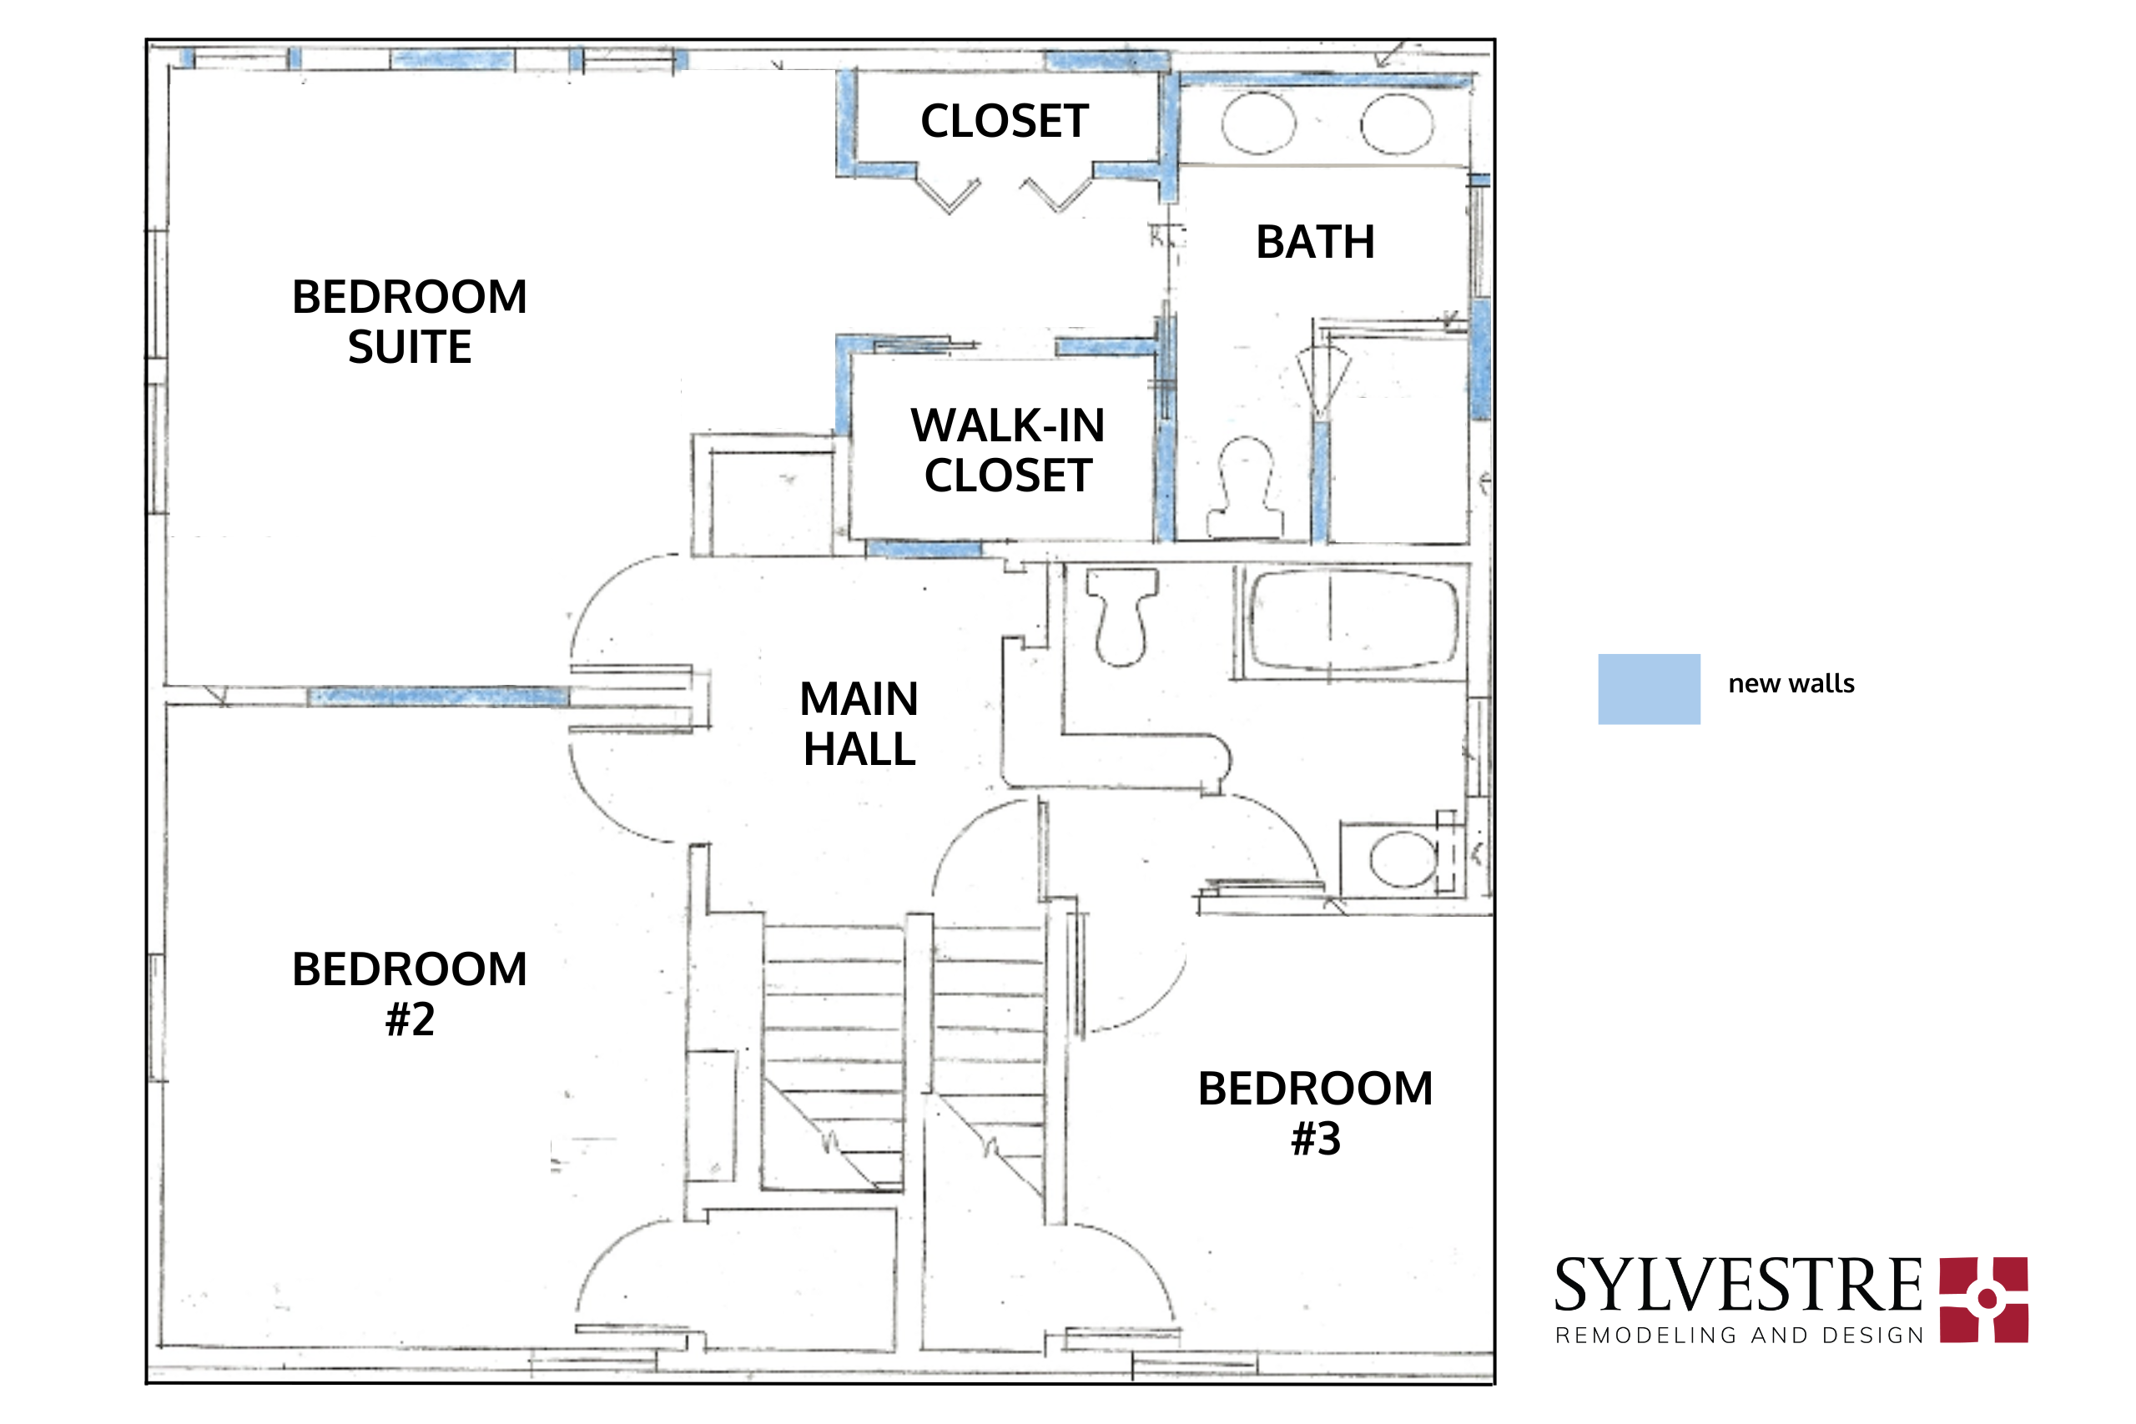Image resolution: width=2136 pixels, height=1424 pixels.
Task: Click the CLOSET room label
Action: point(1004,122)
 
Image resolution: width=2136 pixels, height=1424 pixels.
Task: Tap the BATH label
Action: point(1315,243)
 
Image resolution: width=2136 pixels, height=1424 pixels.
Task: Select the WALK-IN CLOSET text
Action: point(1007,450)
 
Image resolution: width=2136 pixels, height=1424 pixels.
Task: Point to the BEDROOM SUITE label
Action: point(410,322)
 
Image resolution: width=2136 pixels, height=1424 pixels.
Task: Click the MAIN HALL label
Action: point(859,725)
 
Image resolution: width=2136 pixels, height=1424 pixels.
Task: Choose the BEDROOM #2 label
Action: point(410,994)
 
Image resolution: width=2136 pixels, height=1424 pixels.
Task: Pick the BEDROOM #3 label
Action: point(1315,1114)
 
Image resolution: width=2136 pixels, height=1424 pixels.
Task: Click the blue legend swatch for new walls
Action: point(1649,689)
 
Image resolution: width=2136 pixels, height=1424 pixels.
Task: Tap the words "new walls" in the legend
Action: point(1791,684)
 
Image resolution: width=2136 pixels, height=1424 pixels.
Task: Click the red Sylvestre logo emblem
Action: point(1984,1300)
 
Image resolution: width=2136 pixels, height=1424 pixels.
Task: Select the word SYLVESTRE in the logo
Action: point(1737,1286)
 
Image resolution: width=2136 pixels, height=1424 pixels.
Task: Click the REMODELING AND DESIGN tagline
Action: point(1739,1336)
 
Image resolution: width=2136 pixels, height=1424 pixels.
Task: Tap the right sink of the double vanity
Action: point(1397,123)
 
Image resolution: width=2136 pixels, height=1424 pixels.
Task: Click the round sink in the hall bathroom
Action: point(1403,859)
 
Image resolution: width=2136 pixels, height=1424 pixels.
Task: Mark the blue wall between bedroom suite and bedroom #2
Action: point(439,697)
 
